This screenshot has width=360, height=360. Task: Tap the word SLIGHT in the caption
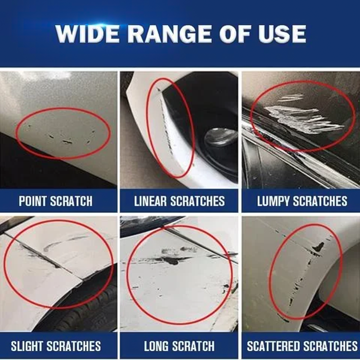tap(27, 346)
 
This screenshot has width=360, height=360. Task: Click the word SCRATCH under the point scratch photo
tap(74, 201)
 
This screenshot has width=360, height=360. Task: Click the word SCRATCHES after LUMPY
tap(324, 201)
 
